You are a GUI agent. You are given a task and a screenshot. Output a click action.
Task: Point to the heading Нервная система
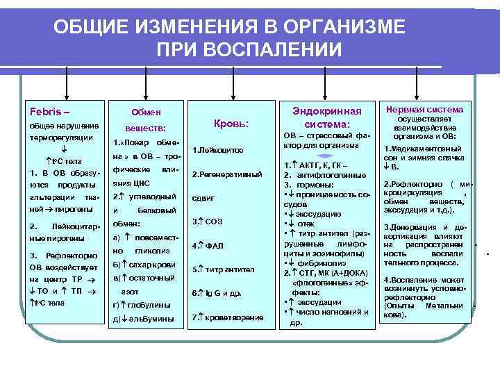[x=424, y=109]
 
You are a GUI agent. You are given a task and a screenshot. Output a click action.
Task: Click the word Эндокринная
[x=327, y=111]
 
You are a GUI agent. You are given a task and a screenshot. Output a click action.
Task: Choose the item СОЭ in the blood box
[x=212, y=222]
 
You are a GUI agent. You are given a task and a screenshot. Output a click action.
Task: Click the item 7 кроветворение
[x=228, y=317]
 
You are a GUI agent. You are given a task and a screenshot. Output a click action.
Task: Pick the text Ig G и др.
[x=219, y=293]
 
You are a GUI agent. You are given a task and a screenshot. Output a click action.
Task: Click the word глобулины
[x=148, y=304]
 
